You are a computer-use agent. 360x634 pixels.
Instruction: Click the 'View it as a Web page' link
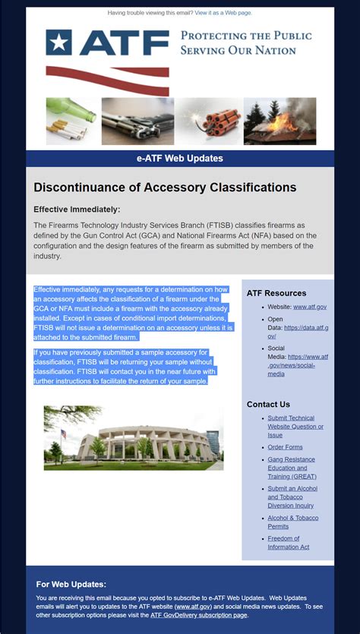point(223,13)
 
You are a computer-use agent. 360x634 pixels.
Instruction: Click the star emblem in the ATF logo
point(58,43)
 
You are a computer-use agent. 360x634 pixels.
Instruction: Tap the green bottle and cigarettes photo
point(71,121)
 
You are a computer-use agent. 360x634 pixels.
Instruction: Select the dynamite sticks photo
point(209,121)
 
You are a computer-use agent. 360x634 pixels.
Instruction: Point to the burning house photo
point(279,121)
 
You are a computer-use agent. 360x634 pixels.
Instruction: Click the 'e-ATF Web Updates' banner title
point(180,159)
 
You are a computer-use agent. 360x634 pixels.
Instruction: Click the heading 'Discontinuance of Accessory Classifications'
point(165,188)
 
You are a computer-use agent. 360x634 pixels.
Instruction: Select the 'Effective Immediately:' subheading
point(77,210)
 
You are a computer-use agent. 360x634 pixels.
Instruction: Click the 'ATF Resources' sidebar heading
point(276,293)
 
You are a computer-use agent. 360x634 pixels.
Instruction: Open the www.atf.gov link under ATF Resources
point(310,307)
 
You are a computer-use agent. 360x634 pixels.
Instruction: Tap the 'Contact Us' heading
point(268,405)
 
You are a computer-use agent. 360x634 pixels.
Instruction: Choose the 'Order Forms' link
point(285,447)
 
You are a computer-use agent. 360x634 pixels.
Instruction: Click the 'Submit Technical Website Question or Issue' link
point(295,427)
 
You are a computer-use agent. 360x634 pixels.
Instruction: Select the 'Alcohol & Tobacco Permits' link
point(292,522)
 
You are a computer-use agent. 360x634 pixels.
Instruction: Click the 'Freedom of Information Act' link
point(288,543)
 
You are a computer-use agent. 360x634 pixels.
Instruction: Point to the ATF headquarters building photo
point(133,437)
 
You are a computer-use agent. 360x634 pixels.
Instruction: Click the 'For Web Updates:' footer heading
point(71,585)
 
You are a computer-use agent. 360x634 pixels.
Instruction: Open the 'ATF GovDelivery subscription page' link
point(199,615)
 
